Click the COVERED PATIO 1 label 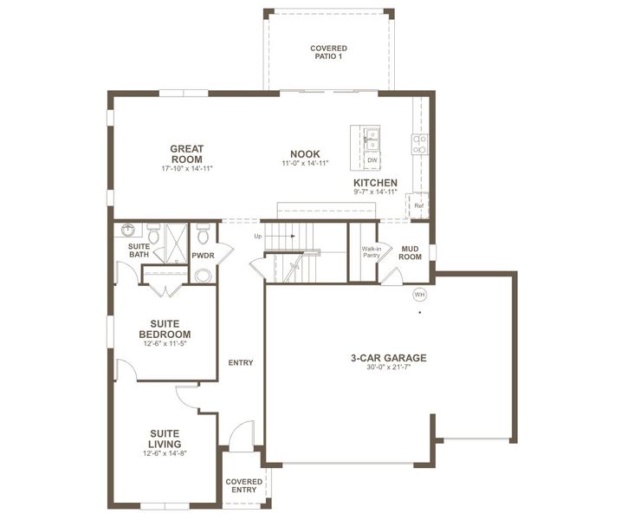tap(328, 52)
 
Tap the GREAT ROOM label tap(186, 153)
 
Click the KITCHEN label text tap(375, 183)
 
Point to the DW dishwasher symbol tap(372, 160)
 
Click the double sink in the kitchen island tap(372, 139)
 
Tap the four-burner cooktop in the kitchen tap(420, 144)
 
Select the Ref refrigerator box tap(418, 205)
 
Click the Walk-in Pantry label tap(372, 252)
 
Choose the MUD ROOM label tap(410, 252)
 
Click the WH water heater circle tap(420, 295)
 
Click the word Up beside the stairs tap(257, 236)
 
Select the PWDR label tap(203, 256)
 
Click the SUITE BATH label tap(139, 250)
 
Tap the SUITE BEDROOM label tap(165, 329)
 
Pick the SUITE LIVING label tap(165, 439)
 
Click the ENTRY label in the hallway tap(241, 362)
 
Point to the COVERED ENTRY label tap(243, 485)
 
